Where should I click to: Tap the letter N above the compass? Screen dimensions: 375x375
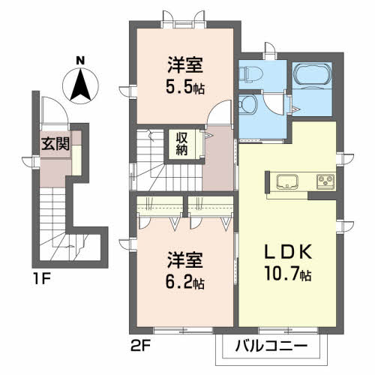click(x=81, y=60)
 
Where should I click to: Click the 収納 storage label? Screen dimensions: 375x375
click(x=182, y=142)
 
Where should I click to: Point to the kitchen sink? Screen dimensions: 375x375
click(x=288, y=181)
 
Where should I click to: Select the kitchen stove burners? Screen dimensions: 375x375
click(x=325, y=181)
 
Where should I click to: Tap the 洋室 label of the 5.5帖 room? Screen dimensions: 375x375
click(x=184, y=64)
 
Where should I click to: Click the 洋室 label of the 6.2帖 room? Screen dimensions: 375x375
click(x=185, y=264)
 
